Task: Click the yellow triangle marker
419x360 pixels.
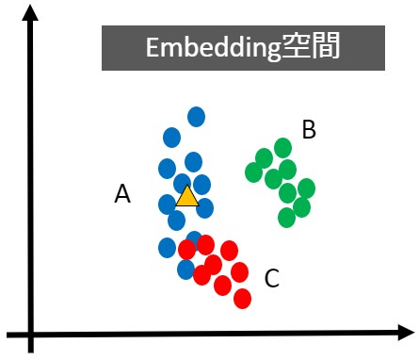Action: [x=187, y=197]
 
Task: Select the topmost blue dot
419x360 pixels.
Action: [x=196, y=117]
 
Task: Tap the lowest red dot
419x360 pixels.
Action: [x=242, y=299]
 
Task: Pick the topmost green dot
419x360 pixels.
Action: [x=282, y=147]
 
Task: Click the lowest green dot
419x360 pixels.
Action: [x=287, y=218]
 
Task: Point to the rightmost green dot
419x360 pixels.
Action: [x=306, y=188]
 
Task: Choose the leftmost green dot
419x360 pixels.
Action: [x=253, y=172]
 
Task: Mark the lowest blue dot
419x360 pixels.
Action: [x=186, y=270]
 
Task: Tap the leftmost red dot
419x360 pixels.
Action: [x=187, y=250]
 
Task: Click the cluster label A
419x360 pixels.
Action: [x=122, y=194]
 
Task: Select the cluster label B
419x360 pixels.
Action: [x=309, y=130]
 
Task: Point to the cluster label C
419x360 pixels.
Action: [x=271, y=278]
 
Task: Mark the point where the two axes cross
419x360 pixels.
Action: [x=31, y=333]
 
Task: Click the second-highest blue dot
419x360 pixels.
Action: [x=171, y=136]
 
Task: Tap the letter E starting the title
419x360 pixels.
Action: [x=153, y=49]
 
